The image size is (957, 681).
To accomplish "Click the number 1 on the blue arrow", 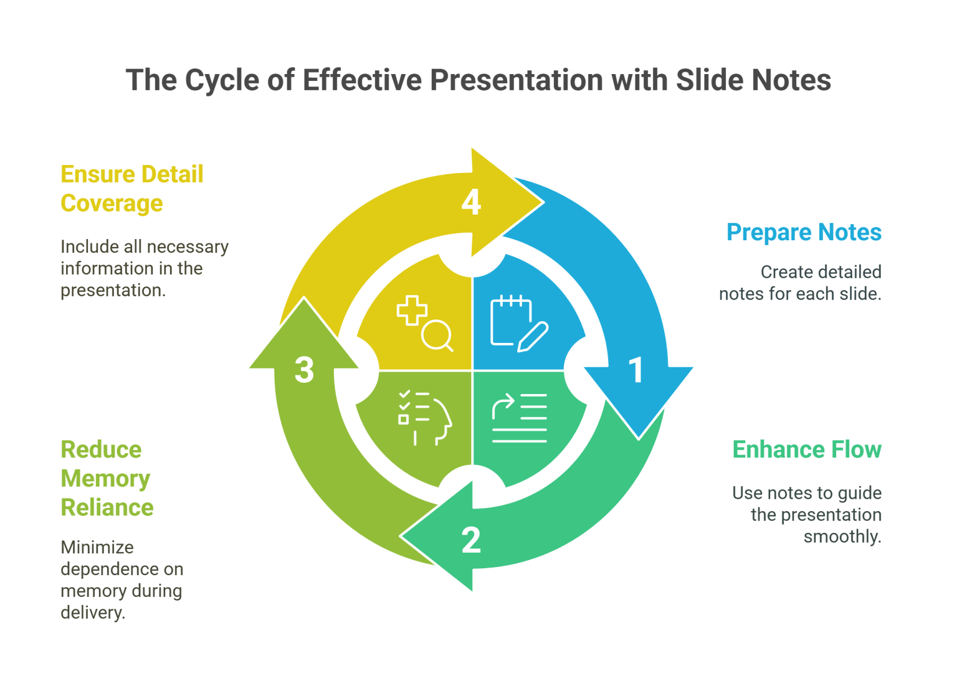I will [x=636, y=370].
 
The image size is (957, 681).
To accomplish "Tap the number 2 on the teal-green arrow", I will [x=471, y=540].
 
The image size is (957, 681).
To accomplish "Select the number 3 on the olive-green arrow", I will [x=304, y=370].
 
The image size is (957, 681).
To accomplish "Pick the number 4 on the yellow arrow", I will [x=471, y=202].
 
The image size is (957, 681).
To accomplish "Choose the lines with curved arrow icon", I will [x=519, y=417].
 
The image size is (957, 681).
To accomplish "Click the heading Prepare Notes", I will [x=803, y=232].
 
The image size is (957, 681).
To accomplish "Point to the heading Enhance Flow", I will [x=807, y=449].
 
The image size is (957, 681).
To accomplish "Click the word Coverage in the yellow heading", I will [x=112, y=204].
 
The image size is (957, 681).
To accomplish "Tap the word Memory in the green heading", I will [x=106, y=479].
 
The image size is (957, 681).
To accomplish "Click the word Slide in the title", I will [x=710, y=80].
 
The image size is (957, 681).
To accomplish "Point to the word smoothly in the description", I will [x=842, y=537].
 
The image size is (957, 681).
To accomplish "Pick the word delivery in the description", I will [x=93, y=613].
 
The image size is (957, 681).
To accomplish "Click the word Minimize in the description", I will [x=97, y=547].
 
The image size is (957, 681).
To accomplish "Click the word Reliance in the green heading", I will [x=107, y=508].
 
